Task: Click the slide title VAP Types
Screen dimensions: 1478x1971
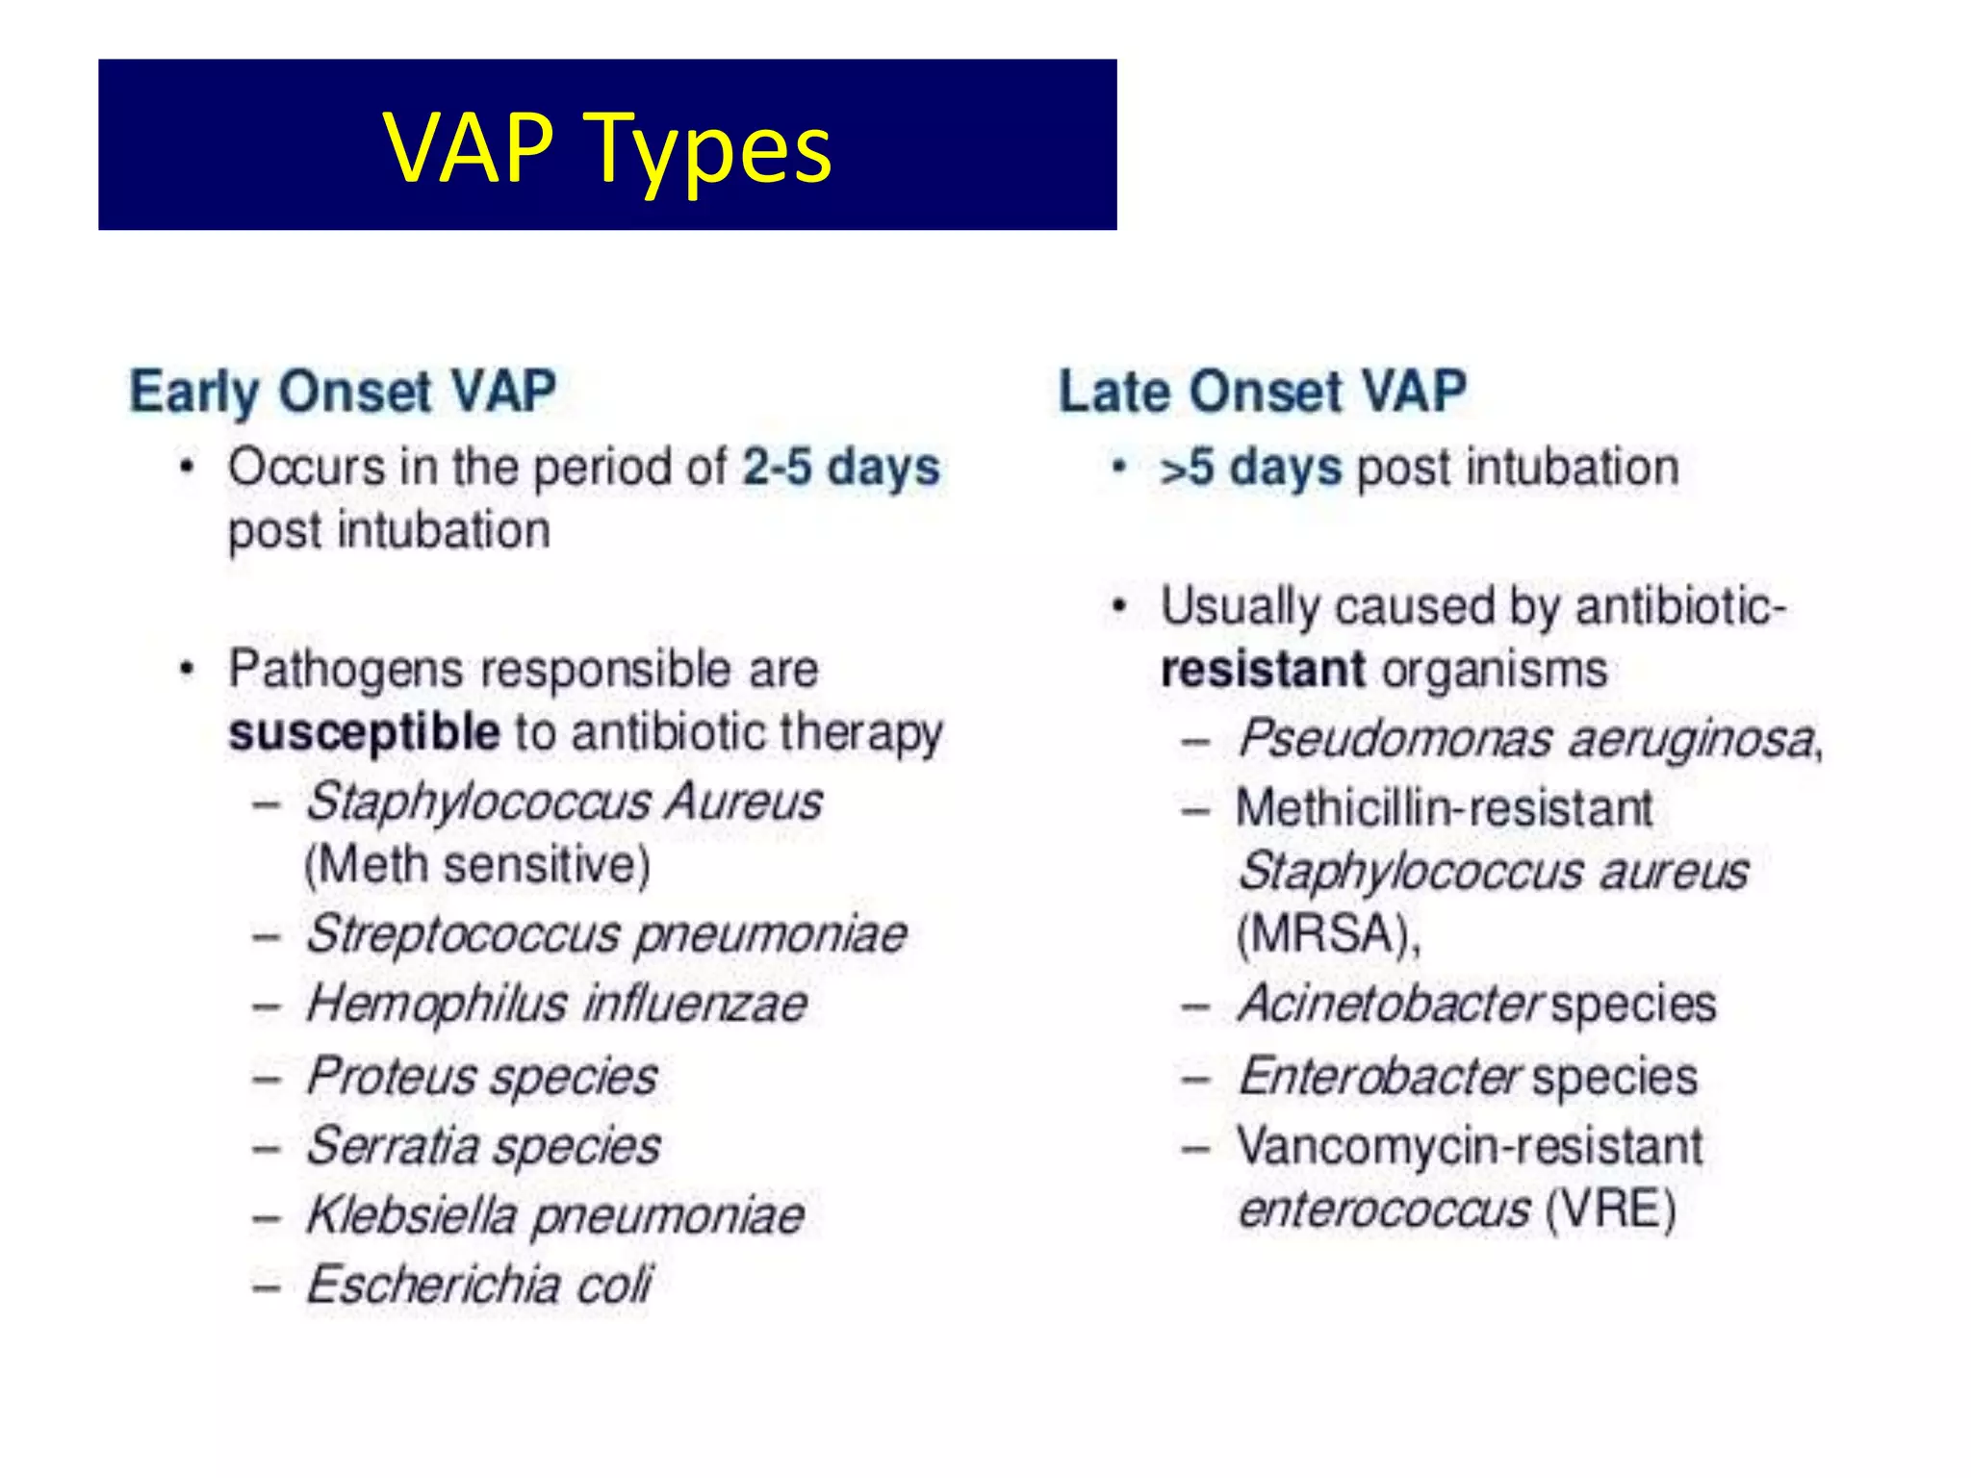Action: tap(607, 147)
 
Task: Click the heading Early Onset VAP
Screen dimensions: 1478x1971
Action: tap(344, 392)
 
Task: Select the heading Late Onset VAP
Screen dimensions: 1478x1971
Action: tap(1263, 392)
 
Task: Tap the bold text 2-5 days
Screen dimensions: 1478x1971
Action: tap(840, 468)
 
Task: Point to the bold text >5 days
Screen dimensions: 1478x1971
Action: tap(1250, 468)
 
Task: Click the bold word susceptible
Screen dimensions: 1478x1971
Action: tap(365, 732)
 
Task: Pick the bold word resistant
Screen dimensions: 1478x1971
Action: tap(1263, 670)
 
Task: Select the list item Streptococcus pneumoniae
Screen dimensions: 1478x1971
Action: tap(606, 935)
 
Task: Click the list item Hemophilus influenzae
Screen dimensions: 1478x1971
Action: tap(557, 1005)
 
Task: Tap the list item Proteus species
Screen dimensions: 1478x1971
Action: tap(482, 1076)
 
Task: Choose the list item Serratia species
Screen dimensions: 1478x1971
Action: tap(484, 1146)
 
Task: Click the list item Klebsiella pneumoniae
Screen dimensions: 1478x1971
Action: tap(555, 1215)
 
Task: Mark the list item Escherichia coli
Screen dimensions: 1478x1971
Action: tap(478, 1285)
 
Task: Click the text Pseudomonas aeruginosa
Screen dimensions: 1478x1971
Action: tap(1526, 739)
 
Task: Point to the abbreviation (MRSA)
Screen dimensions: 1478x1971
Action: tap(1327, 933)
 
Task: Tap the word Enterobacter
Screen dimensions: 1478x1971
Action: tap(1380, 1076)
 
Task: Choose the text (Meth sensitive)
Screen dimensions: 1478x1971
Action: tap(477, 865)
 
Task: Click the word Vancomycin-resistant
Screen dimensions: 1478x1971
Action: tap(1470, 1146)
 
